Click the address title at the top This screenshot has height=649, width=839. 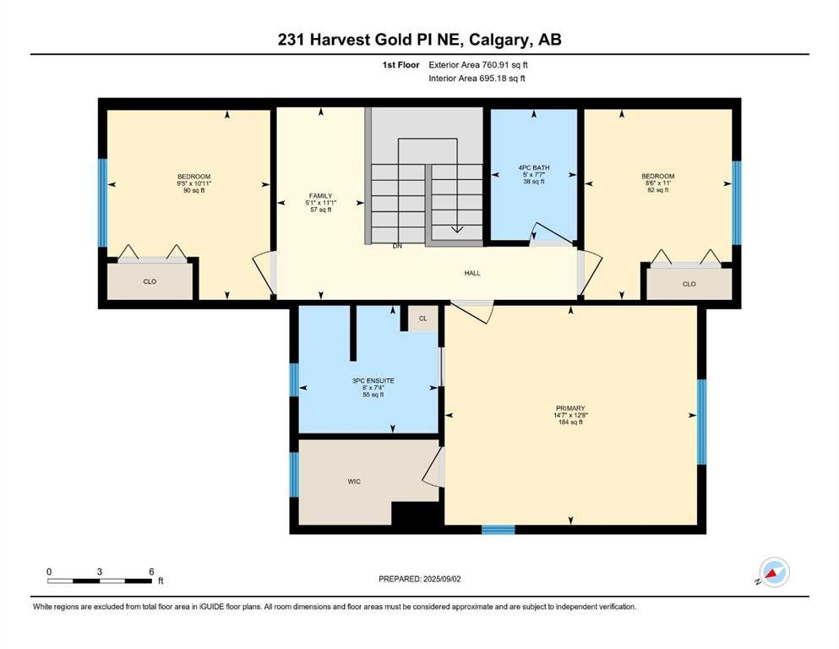pos(419,40)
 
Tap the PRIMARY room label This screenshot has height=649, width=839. pos(570,407)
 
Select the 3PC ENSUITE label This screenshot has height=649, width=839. pos(373,380)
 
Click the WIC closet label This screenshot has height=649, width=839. pos(354,482)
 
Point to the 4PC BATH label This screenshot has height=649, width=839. pos(534,167)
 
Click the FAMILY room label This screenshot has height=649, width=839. pos(320,196)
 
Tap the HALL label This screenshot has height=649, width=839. pos(472,273)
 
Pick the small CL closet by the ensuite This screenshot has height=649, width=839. pos(422,319)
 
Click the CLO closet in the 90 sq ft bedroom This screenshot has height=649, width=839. pos(150,281)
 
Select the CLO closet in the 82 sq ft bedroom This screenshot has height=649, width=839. pos(689,284)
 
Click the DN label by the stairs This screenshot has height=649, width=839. pos(397,246)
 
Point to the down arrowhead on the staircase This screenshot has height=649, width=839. pos(457,230)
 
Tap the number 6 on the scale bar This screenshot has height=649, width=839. pos(151,571)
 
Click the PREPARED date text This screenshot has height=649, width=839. pos(419,579)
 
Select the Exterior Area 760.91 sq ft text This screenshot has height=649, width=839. pos(478,65)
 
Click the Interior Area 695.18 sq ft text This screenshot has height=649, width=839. pos(477,78)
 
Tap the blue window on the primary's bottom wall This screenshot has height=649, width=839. pos(498,530)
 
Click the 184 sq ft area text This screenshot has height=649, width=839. pos(570,423)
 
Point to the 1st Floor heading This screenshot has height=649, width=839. pos(400,65)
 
